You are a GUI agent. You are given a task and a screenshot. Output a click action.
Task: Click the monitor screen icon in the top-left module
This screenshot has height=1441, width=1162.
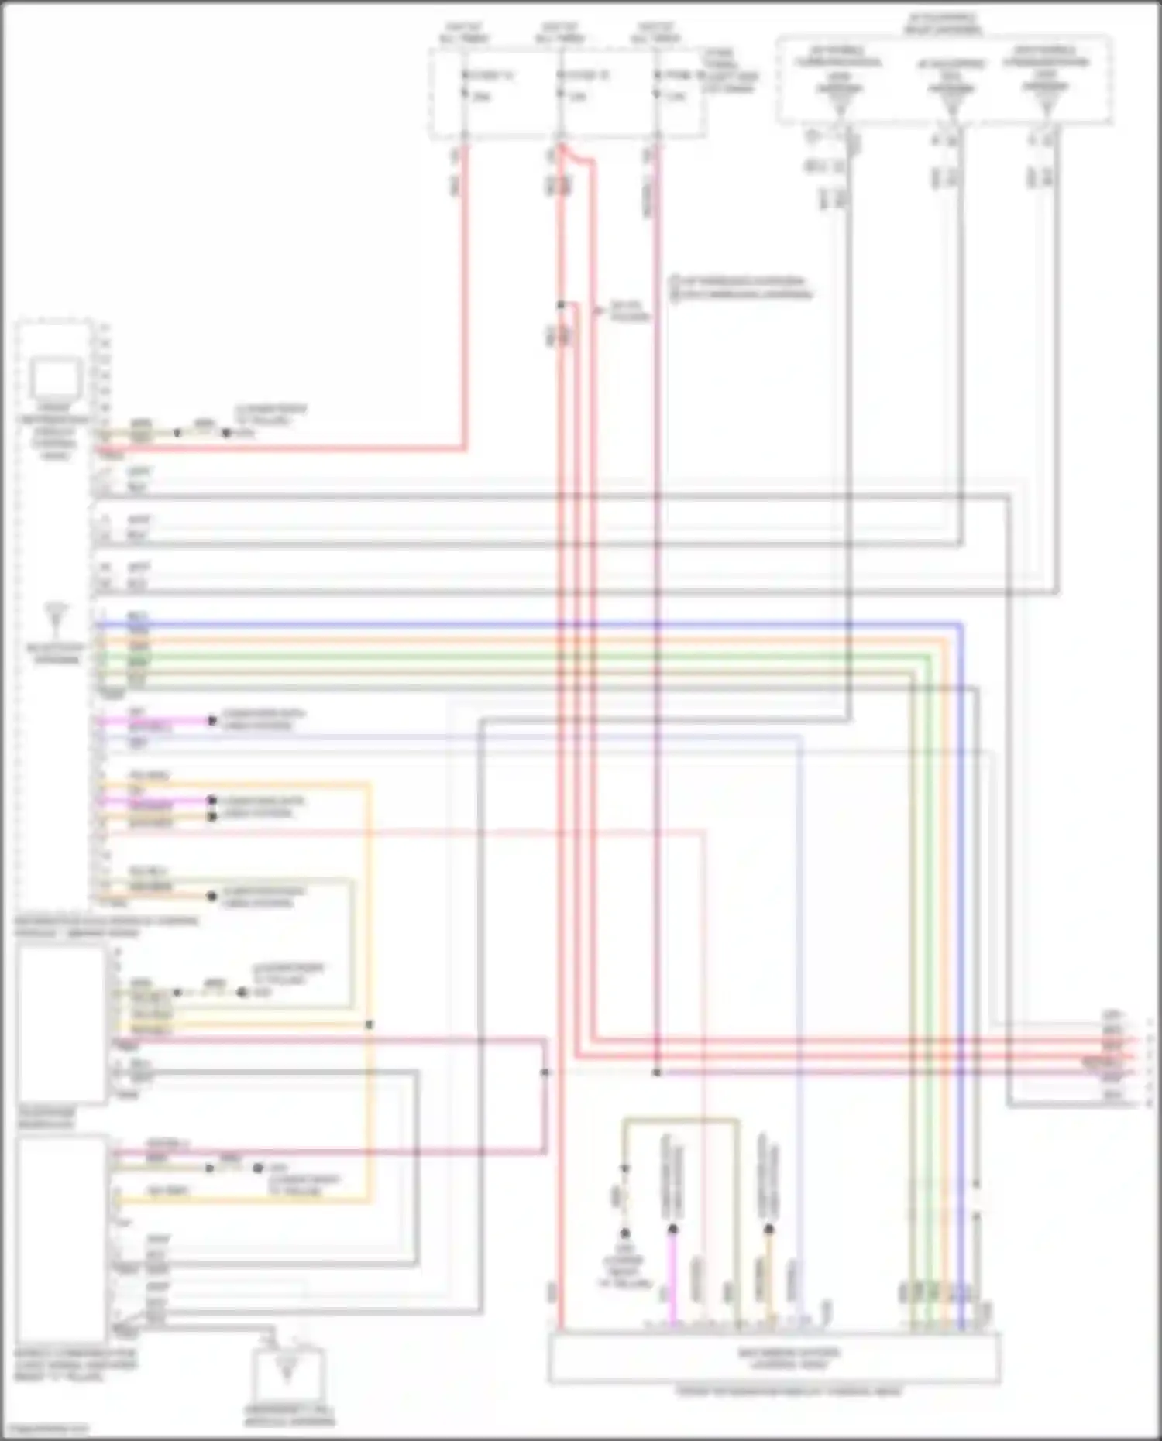tap(56, 379)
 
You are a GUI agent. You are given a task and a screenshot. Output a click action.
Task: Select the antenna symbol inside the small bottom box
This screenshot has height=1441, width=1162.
tap(287, 1370)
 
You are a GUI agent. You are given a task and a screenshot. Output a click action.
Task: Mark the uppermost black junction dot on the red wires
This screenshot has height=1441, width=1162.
tap(561, 305)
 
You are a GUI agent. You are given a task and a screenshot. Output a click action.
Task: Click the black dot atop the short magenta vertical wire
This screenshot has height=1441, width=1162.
tap(672, 1229)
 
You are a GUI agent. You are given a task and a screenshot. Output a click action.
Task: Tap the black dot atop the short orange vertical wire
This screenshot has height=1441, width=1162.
tap(768, 1229)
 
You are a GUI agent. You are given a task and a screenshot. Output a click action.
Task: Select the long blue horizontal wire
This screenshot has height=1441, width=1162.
tap(527, 624)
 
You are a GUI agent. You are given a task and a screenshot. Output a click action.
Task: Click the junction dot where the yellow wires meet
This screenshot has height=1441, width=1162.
tap(370, 1024)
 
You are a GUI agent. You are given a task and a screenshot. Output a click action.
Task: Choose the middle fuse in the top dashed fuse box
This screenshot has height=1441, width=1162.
tap(560, 85)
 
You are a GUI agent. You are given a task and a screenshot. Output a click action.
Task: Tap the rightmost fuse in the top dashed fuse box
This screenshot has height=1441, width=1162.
tap(656, 85)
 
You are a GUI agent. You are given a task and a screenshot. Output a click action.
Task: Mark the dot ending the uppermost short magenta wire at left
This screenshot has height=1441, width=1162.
tap(211, 721)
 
